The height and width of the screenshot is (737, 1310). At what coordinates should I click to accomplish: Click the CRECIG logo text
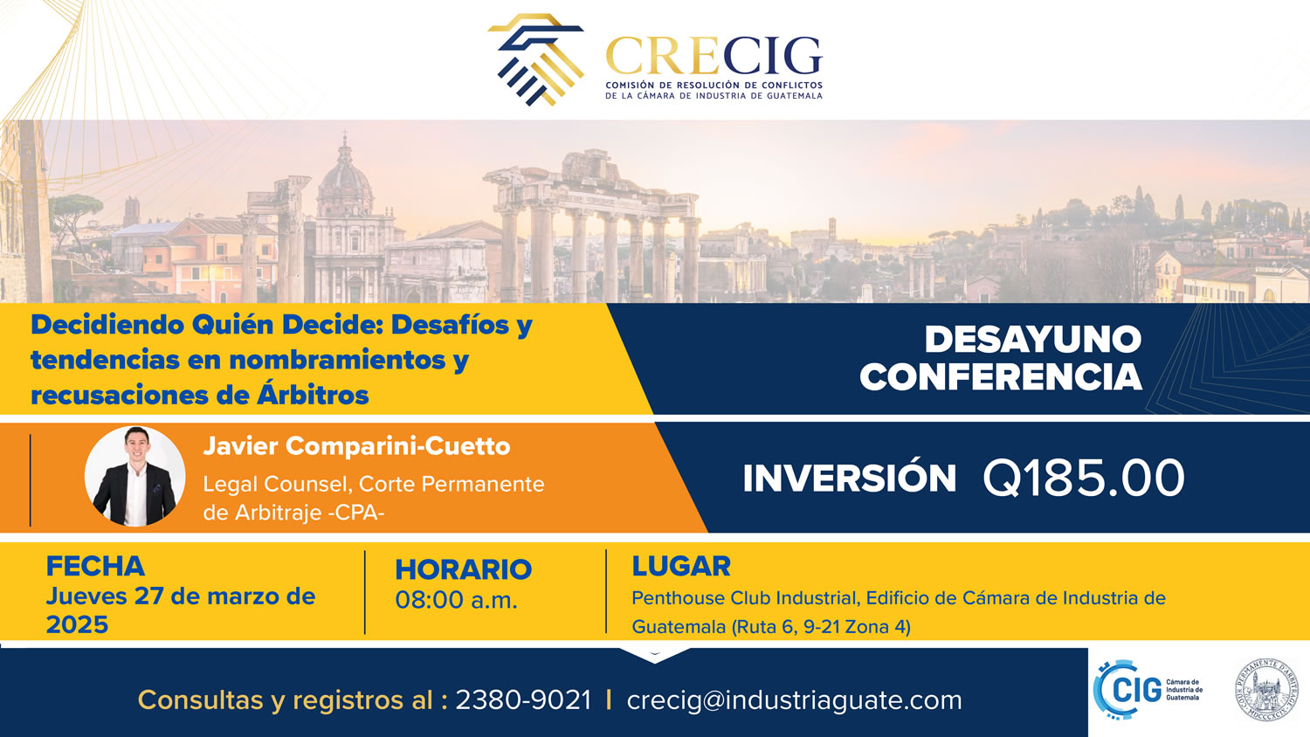(x=714, y=56)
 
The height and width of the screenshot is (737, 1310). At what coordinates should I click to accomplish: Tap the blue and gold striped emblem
(x=535, y=59)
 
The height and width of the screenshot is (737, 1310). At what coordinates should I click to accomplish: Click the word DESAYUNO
(x=1033, y=340)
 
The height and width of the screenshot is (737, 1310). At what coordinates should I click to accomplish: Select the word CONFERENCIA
(x=1001, y=376)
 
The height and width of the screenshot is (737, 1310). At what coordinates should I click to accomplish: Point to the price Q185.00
(x=1084, y=478)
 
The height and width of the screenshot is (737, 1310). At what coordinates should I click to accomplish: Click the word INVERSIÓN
(x=849, y=478)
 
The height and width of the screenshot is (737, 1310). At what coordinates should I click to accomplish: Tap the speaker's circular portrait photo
(x=135, y=476)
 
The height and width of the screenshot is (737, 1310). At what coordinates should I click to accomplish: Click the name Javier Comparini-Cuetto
(x=356, y=446)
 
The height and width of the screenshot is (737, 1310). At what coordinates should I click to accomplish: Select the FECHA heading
(x=95, y=566)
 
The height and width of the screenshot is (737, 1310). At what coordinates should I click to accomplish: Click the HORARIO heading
(x=463, y=569)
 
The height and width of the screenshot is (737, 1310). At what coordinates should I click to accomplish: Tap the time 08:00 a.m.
(x=456, y=600)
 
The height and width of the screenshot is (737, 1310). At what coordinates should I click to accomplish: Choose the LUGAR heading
(x=681, y=566)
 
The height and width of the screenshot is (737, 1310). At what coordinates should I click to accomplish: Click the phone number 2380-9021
(x=523, y=700)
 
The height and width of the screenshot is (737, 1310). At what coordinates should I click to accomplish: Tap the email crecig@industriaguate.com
(x=794, y=700)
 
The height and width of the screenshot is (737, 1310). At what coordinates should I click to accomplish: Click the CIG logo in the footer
(x=1148, y=690)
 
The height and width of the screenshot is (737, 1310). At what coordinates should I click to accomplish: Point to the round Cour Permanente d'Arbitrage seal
(x=1265, y=690)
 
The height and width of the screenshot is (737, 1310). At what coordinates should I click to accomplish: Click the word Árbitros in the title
(x=313, y=395)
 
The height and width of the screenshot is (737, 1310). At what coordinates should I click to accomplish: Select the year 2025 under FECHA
(x=77, y=624)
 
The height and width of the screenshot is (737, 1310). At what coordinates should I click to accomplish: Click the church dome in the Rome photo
(x=345, y=176)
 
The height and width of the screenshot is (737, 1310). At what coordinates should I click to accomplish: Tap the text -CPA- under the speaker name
(x=355, y=513)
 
